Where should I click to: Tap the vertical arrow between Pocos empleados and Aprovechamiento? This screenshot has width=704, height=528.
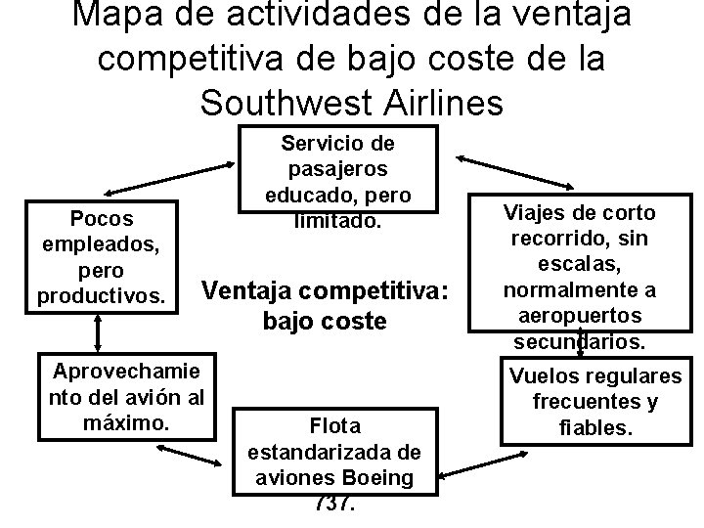click(x=98, y=333)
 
